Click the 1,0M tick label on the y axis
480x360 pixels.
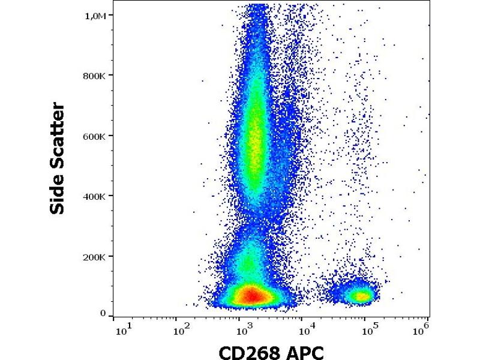click(x=95, y=16)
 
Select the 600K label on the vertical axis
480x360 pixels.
click(x=95, y=136)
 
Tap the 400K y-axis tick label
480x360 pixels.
click(x=95, y=196)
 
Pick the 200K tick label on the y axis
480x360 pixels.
click(x=95, y=257)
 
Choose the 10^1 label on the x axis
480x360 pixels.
click(x=122, y=329)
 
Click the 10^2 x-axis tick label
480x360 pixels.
click(x=179, y=329)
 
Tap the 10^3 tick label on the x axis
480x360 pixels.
click(x=243, y=329)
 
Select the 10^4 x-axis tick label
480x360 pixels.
click(x=307, y=329)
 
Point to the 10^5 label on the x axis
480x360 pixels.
click(x=370, y=329)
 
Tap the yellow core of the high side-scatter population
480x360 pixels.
click(x=256, y=144)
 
